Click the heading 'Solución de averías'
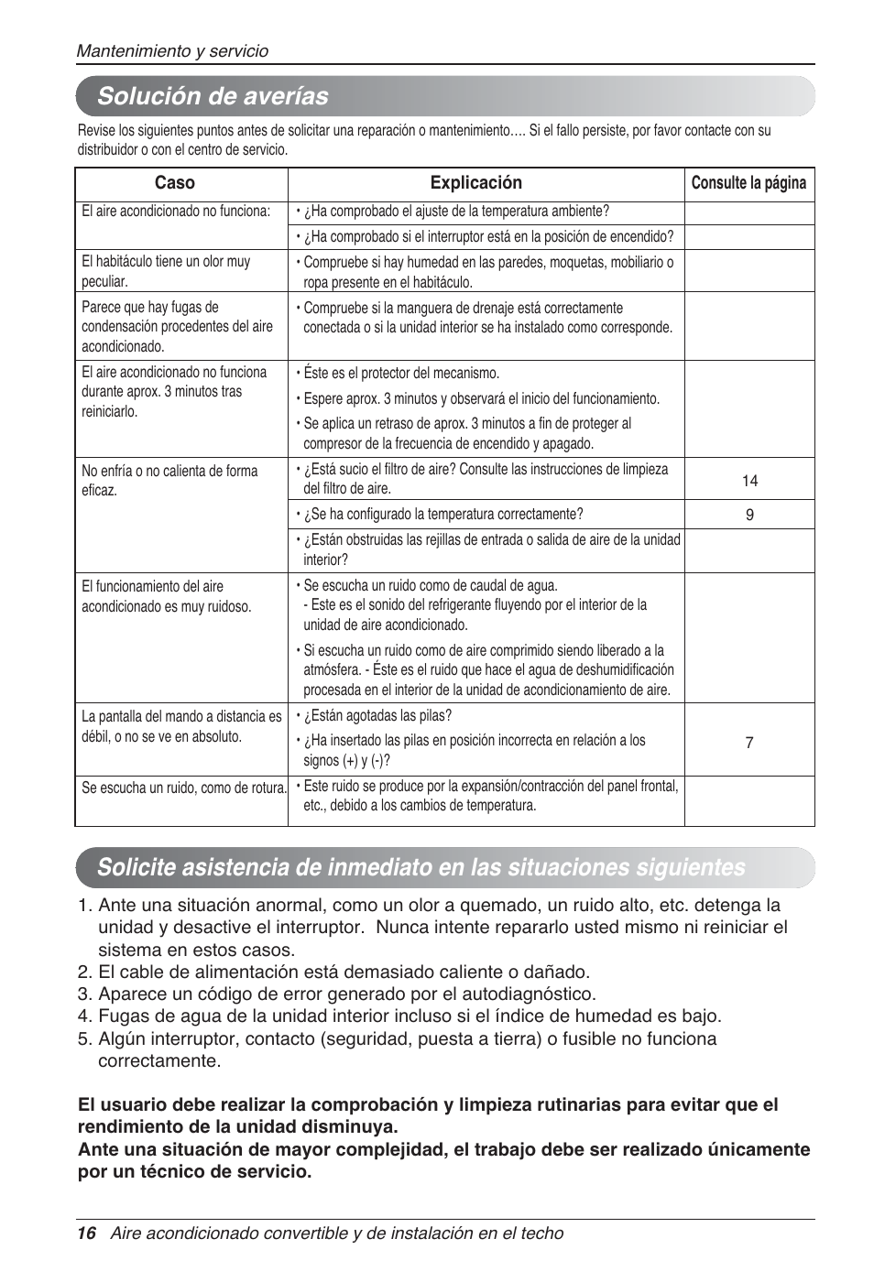(213, 96)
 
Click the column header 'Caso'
(174, 183)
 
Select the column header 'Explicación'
(475, 183)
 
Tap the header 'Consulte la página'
(748, 183)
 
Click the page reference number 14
(749, 481)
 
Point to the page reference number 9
(749, 515)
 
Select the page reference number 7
(748, 743)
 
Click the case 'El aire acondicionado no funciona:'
(176, 212)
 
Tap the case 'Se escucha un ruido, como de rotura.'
(184, 788)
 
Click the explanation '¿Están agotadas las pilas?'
(377, 716)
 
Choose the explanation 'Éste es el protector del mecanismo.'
(401, 374)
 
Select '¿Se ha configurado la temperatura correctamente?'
(443, 515)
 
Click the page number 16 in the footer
(86, 1233)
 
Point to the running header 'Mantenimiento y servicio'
(172, 51)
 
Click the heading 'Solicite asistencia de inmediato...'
(421, 867)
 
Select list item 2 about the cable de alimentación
(343, 972)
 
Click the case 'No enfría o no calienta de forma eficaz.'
(169, 481)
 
